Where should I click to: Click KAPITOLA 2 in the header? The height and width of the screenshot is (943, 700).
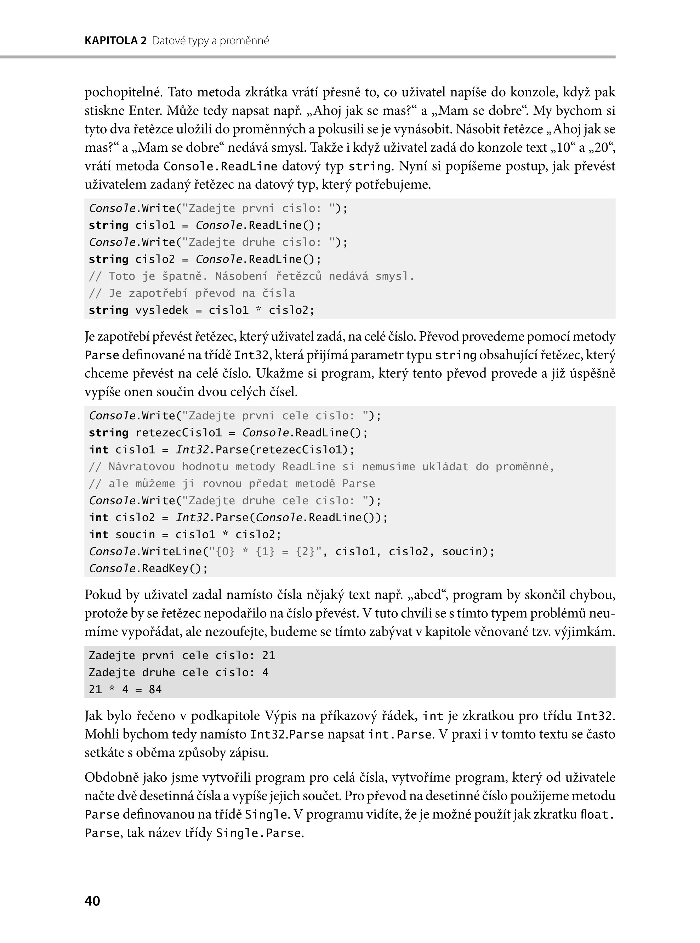115,41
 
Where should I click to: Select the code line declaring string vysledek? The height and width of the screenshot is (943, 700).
202,310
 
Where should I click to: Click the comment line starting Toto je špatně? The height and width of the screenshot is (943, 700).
251,276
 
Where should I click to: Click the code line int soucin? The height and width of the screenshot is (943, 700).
185,535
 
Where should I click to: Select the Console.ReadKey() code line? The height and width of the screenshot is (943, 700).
148,568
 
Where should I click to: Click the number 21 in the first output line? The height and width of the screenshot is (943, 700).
269,656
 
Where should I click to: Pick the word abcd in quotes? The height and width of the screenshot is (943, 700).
428,595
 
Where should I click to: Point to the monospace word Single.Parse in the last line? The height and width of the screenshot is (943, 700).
259,833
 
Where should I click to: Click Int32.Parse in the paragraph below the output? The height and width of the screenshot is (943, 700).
287,734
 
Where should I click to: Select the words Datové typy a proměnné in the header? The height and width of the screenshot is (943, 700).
211,41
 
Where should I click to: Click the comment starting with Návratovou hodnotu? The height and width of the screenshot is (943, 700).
321,467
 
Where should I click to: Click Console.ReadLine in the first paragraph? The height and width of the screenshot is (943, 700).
220,166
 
